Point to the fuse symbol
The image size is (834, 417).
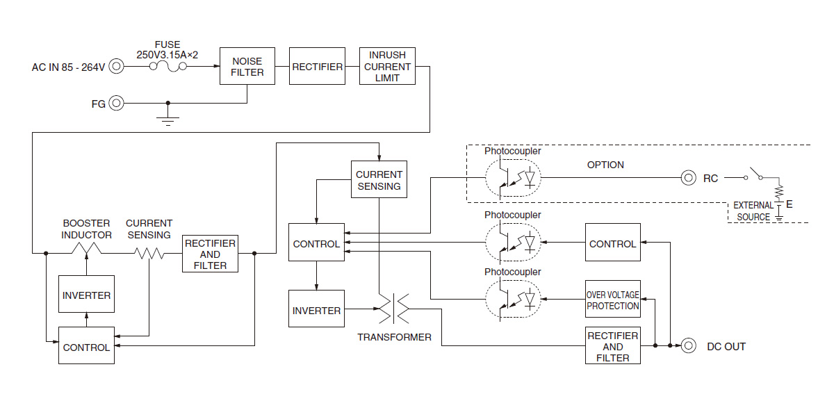pyautogui.click(x=168, y=66)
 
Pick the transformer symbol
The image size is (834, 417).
pyautogui.click(x=394, y=309)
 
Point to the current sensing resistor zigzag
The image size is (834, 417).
pyautogui.click(x=149, y=253)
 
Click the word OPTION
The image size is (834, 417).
pyautogui.click(x=605, y=165)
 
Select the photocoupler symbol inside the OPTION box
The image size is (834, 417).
pyautogui.click(x=513, y=178)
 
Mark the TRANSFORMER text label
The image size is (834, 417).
pyautogui.click(x=394, y=337)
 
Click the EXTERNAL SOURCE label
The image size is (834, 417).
pyautogui.click(x=753, y=211)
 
